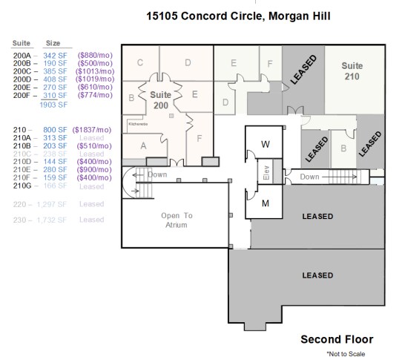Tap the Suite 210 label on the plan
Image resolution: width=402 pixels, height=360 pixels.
(352, 70)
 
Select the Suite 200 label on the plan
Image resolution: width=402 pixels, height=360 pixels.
(161, 100)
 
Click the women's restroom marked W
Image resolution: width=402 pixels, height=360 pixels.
(266, 144)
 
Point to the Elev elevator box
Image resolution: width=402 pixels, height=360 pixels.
(266, 172)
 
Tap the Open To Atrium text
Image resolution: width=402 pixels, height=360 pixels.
(177, 220)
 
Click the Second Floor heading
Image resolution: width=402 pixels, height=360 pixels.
(336, 339)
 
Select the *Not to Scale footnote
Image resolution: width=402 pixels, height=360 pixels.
(346, 354)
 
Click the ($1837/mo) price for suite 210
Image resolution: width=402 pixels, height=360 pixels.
(92, 130)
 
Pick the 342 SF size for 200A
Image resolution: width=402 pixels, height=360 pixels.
(55, 55)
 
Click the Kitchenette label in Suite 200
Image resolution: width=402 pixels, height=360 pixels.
(139, 124)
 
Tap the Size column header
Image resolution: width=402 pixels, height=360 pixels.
(53, 43)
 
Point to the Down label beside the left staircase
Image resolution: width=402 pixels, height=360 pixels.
(157, 174)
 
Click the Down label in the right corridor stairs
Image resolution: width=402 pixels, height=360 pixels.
(310, 177)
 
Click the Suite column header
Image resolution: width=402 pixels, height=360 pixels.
(23, 43)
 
